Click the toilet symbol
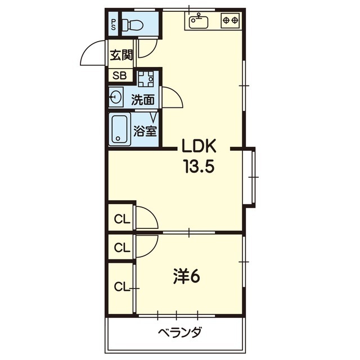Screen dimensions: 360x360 click(133, 25)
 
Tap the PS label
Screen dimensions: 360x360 click(114, 25)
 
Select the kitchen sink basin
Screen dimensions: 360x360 click(199, 21)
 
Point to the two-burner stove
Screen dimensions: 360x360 click(230, 21)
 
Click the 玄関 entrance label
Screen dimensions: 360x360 click(121, 55)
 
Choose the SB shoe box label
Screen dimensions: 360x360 click(120, 75)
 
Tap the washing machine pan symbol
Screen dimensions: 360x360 click(146, 79)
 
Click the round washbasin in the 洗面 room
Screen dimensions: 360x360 click(116, 97)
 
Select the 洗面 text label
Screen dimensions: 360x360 click(143, 100)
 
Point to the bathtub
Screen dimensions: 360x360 click(119, 129)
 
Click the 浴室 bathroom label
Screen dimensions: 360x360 click(145, 131)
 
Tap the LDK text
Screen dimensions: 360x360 click(199, 146)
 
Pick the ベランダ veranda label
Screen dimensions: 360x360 click(180, 332)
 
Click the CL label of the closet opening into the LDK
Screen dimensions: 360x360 click(122, 219)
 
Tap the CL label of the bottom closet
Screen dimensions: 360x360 click(122, 286)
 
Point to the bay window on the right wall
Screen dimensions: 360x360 click(253, 177)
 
